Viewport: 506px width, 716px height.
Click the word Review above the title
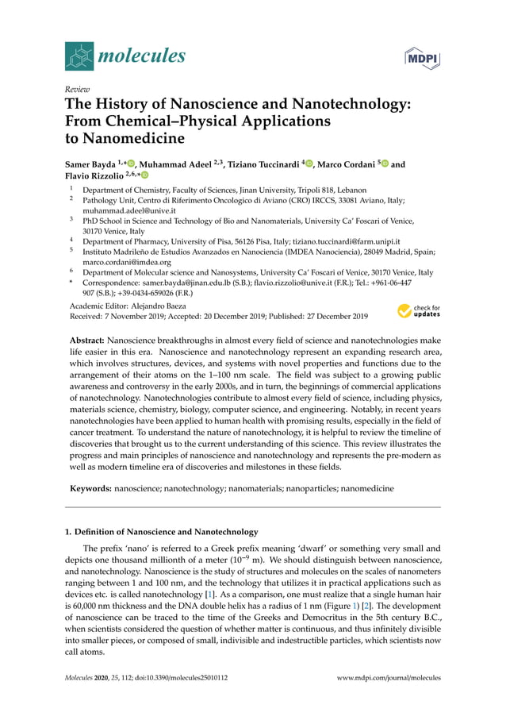click(76, 90)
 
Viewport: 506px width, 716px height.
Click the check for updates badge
click(419, 310)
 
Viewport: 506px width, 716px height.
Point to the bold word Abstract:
click(86, 340)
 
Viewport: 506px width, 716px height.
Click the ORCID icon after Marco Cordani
click(384, 164)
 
